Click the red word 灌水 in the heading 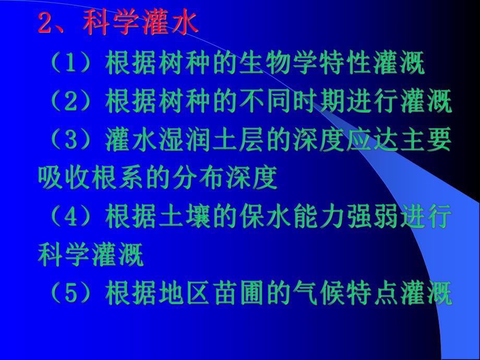point(172,23)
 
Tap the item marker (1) point(71,66)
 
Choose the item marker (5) point(71,294)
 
